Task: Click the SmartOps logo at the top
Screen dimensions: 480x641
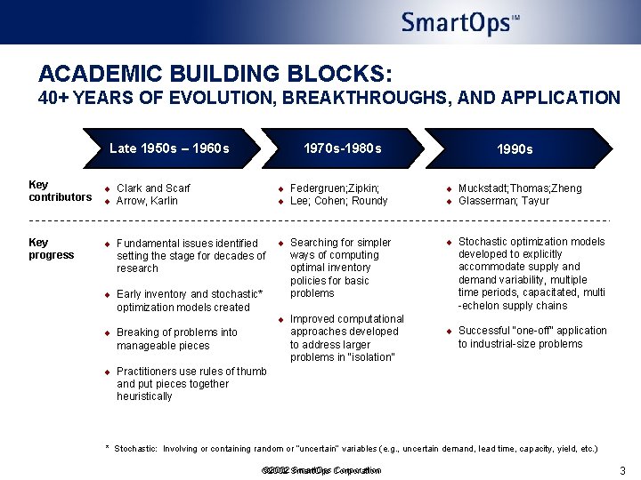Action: (459, 22)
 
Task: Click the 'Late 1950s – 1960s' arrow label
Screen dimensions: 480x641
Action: (169, 148)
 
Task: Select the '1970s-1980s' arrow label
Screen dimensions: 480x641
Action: (342, 148)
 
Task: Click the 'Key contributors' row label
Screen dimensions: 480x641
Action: (60, 191)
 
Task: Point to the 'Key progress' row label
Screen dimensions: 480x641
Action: (53, 249)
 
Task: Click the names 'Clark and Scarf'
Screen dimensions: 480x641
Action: (153, 188)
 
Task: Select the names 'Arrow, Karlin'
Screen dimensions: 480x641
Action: (147, 201)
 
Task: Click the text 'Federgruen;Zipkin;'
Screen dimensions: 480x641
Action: (335, 188)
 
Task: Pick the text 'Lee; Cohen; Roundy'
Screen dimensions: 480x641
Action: (339, 201)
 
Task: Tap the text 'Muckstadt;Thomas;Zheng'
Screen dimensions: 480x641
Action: (520, 188)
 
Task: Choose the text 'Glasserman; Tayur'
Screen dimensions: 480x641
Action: (504, 201)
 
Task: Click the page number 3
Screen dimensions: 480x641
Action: (622, 470)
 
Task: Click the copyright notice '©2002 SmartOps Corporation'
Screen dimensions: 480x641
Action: (321, 470)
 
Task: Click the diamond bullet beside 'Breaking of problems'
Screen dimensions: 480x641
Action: (107, 333)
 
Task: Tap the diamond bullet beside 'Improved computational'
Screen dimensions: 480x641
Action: (280, 319)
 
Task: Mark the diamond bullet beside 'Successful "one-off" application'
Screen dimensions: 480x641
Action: (449, 332)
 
